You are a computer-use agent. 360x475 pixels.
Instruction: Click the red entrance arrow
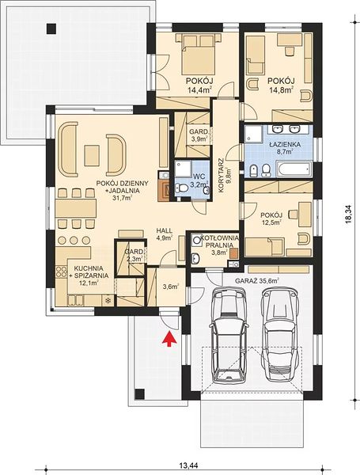[x=169, y=339]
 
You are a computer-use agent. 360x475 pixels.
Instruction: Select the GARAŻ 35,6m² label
[x=257, y=280]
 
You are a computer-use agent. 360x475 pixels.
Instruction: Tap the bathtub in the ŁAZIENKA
[x=294, y=169]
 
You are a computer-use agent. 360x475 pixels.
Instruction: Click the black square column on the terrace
[x=51, y=28]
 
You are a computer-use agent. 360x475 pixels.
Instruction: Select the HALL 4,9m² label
[x=164, y=234]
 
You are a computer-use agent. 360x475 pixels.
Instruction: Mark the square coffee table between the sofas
[x=92, y=155]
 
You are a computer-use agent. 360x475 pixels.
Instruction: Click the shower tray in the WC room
[x=184, y=169]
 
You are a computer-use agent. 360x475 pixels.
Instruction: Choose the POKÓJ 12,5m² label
[x=271, y=218]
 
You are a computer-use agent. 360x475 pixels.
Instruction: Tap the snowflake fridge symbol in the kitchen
[x=107, y=301]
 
